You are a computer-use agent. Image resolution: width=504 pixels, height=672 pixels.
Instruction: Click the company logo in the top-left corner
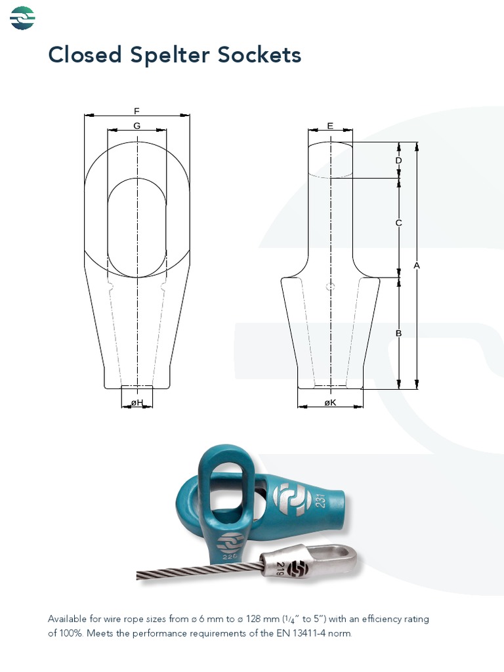click(22, 18)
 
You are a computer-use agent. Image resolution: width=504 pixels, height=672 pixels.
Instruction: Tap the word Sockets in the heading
click(259, 55)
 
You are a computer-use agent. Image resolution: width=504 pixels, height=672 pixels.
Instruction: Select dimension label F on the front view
click(136, 111)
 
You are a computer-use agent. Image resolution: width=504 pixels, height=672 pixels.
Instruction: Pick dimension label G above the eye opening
click(136, 125)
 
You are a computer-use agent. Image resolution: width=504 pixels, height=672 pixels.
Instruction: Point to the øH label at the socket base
click(136, 402)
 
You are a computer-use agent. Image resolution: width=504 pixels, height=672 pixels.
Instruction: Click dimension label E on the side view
click(330, 125)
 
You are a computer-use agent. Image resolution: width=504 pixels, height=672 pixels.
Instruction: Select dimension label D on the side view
click(398, 161)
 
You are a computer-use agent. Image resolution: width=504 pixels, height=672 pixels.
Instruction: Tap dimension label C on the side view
click(398, 223)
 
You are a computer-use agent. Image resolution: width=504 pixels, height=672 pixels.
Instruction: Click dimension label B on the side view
click(398, 333)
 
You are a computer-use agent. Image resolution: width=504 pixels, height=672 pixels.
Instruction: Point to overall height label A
click(416, 265)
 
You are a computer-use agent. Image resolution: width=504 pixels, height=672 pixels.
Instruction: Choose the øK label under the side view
click(330, 402)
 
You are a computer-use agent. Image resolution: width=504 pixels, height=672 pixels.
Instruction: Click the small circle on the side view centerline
click(331, 286)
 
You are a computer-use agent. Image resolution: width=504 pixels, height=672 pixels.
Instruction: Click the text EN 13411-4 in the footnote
click(311, 633)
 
